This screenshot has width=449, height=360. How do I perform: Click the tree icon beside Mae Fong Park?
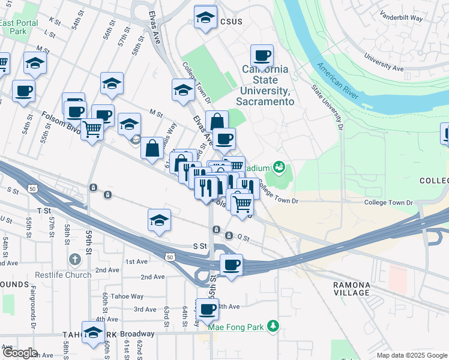coord(273,325)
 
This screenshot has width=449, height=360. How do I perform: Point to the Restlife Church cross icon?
coord(74,259)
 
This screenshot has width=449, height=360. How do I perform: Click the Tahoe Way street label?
coord(128,296)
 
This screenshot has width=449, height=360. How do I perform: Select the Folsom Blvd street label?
coord(61,119)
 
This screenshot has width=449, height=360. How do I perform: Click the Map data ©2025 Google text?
coord(412,355)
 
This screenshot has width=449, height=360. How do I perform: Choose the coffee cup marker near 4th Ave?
coord(208,310)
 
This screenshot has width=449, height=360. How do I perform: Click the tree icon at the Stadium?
coord(278,166)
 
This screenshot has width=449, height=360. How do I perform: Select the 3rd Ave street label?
coord(145,310)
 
